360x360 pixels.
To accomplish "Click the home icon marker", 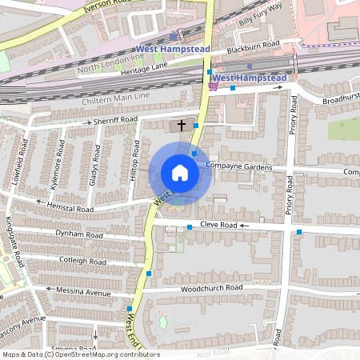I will [x=180, y=173].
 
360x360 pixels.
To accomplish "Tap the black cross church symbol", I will [x=182, y=125].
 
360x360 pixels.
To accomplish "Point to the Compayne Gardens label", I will [x=239, y=166].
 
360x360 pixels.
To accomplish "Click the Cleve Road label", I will [x=219, y=226].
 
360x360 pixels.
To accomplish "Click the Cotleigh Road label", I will [x=84, y=262].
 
